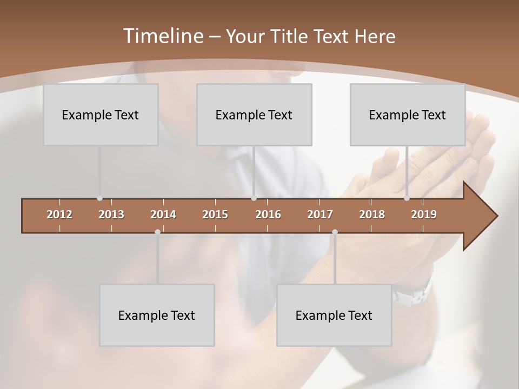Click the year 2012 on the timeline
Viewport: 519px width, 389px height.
pyautogui.click(x=59, y=214)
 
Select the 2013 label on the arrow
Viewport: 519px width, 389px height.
pyautogui.click(x=111, y=214)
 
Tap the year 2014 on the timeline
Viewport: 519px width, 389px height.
pyautogui.click(x=163, y=214)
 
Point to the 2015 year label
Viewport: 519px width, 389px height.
pyautogui.click(x=215, y=214)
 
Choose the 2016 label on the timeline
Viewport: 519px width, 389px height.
pyautogui.click(x=268, y=214)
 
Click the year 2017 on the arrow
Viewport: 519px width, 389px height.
pyautogui.click(x=320, y=214)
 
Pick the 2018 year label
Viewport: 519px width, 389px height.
pyautogui.click(x=372, y=214)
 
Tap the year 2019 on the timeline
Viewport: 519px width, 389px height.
pyautogui.click(x=424, y=214)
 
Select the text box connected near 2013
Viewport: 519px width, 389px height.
pyautogui.click(x=101, y=115)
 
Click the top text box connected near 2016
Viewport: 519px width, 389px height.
pyautogui.click(x=254, y=115)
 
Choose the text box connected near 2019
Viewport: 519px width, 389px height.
pyautogui.click(x=408, y=115)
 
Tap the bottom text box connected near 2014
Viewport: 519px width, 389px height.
pyautogui.click(x=157, y=315)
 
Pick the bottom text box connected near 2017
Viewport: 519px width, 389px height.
pyautogui.click(x=334, y=315)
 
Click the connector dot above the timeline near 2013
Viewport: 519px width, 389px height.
pyautogui.click(x=99, y=198)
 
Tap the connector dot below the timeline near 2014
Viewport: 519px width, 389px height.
pyautogui.click(x=157, y=232)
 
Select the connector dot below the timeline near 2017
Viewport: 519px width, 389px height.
pyautogui.click(x=335, y=232)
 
